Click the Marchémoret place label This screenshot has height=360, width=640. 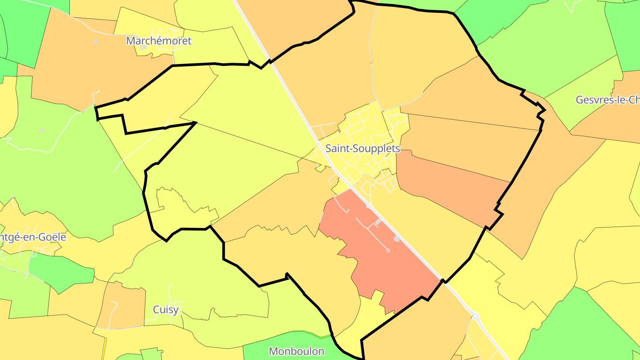[x=159, y=41]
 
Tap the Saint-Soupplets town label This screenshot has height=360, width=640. [x=363, y=148]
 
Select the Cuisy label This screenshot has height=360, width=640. [x=166, y=309]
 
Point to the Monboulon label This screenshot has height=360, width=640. [x=296, y=351]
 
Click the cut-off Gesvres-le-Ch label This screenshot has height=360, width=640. [x=608, y=100]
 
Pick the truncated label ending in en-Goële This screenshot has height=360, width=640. [x=33, y=237]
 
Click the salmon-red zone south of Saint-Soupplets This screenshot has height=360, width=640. [x=382, y=262]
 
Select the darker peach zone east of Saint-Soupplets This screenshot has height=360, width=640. [x=449, y=187]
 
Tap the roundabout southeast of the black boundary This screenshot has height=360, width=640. [x=476, y=316]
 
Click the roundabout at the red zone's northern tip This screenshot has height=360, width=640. [x=368, y=205]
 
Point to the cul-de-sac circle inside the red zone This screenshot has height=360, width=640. [x=388, y=251]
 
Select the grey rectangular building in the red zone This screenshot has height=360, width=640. [x=378, y=221]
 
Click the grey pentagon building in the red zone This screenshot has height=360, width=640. [x=396, y=239]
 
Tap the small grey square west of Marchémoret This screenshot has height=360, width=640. [x=96, y=42]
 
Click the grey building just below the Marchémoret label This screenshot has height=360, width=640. [x=144, y=47]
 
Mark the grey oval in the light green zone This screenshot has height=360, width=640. [x=41, y=131]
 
